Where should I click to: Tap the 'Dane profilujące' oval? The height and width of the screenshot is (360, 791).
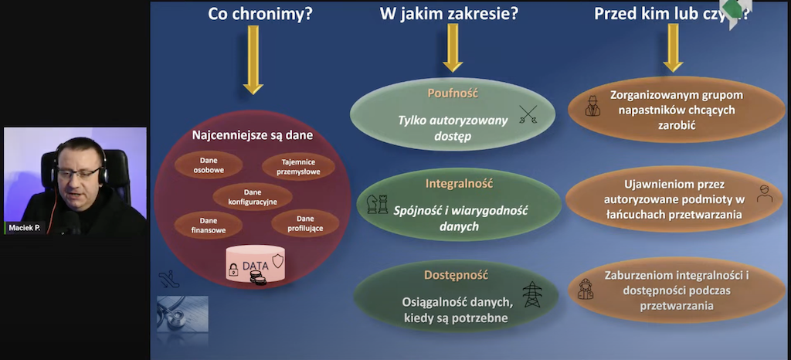pos(304,225)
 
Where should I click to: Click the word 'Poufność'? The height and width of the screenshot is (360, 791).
pos(453,93)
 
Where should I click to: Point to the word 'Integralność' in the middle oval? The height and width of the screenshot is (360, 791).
pos(459,185)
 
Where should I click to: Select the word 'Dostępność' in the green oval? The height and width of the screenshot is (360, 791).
pos(456,274)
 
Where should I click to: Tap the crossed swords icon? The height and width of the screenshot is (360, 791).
pos(528,117)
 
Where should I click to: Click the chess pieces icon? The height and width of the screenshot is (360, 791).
pos(377,205)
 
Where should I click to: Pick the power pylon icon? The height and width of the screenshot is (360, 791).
pos(534,294)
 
